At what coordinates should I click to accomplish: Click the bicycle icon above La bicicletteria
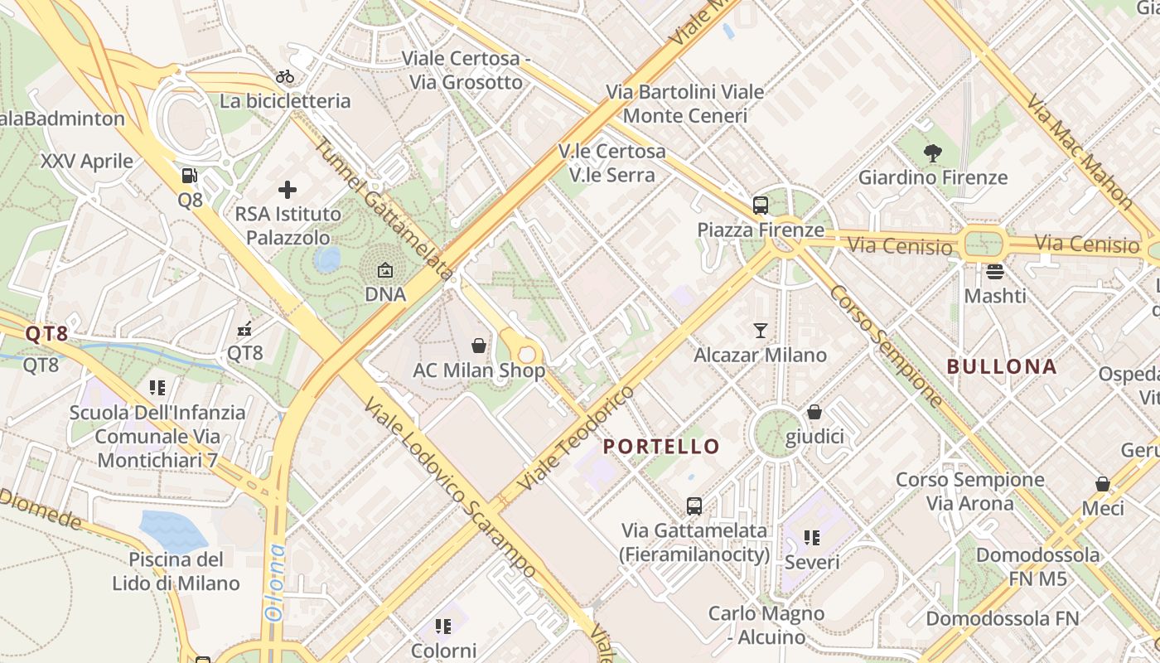coord(285,77)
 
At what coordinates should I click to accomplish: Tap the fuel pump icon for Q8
coord(190,176)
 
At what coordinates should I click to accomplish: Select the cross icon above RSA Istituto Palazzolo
coord(288,190)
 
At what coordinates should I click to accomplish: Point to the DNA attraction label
coord(385,294)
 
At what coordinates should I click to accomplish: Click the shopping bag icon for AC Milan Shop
coord(478,346)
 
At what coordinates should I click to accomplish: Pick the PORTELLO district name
coord(661,447)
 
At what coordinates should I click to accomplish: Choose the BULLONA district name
coord(1002,366)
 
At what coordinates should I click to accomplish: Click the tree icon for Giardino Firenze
coord(933,152)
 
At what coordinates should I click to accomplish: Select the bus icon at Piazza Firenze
coord(760,206)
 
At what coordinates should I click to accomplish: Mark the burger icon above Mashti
coord(995,271)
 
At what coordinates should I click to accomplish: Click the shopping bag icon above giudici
coord(814,412)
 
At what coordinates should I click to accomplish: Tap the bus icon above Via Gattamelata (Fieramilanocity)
coord(694,506)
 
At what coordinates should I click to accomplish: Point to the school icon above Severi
coord(812,538)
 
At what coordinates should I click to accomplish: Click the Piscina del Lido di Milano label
coord(176,571)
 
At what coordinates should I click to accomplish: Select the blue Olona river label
coord(274,582)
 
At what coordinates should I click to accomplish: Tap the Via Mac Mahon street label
coord(1080,151)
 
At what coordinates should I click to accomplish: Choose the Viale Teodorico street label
coord(575,437)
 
